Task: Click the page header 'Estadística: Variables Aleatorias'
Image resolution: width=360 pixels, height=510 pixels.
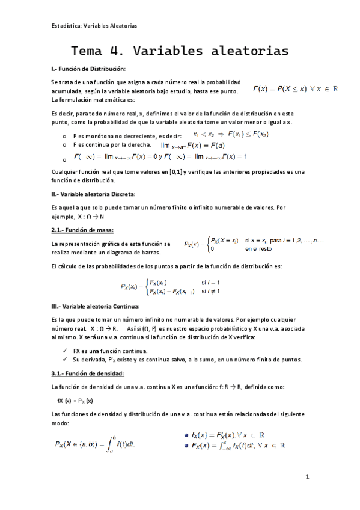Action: pyautogui.click(x=94, y=26)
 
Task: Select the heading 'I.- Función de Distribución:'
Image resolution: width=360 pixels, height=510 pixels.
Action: pyautogui.click(x=88, y=69)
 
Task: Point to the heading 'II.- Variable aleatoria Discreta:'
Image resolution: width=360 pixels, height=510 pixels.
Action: pyautogui.click(x=93, y=194)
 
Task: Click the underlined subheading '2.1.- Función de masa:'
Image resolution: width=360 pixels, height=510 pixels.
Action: pyautogui.click(x=82, y=230)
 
